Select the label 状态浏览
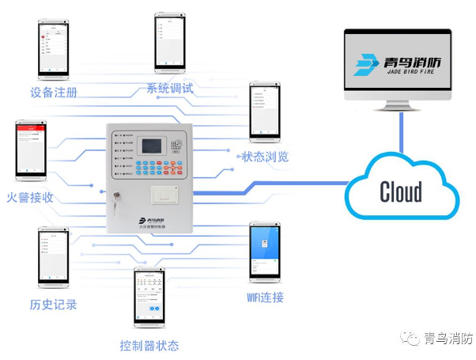coord(265,157)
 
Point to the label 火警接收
coord(30,197)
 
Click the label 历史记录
coord(54,305)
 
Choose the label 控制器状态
coord(149,346)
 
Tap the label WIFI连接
coord(265,297)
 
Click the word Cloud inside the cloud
coord(401,191)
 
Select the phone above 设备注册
coord(55,47)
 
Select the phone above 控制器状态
coord(149,298)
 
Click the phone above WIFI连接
coord(265,252)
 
